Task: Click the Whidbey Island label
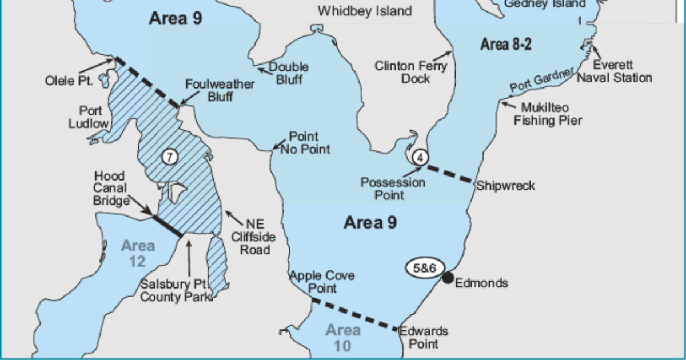(365, 11)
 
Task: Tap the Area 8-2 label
(506, 44)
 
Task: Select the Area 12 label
(137, 253)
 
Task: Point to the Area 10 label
(343, 338)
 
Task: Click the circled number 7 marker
(170, 156)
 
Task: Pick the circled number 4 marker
(419, 157)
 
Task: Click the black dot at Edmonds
(448, 278)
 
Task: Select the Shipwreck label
(506, 186)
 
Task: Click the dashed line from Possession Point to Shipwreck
(451, 174)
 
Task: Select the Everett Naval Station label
(614, 71)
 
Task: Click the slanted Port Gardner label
(541, 80)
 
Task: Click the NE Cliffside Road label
(251, 237)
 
